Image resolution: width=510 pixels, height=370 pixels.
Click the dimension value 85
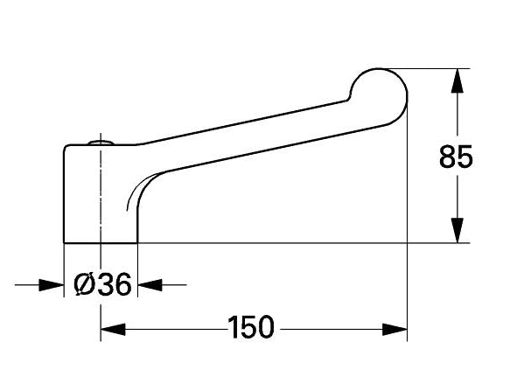pos(456,157)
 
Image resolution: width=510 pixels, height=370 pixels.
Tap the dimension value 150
pos(251,327)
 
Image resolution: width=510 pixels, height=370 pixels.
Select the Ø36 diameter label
pos(102,284)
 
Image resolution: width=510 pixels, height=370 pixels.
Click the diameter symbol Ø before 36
pos(84,284)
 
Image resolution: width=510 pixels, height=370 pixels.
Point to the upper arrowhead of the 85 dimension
pos(457,81)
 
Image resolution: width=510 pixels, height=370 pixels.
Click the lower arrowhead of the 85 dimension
pos(457,230)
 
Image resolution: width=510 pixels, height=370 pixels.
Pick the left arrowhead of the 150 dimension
pos(113,330)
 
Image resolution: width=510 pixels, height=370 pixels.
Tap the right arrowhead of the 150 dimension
pos(395,330)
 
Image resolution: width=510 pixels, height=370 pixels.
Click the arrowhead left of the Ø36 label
pos(52,285)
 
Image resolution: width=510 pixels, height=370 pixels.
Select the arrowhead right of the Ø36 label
pos(150,285)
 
